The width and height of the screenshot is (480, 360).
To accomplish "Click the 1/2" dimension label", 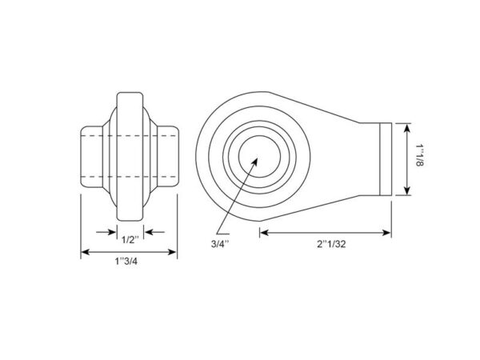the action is (x=130, y=240).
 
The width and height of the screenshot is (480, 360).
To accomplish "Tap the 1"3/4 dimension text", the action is (x=126, y=262).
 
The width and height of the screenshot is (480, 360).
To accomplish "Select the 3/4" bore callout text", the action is (x=220, y=244).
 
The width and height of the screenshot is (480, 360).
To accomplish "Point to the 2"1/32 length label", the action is (x=331, y=244).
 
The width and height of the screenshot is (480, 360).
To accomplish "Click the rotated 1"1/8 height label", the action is (x=420, y=155).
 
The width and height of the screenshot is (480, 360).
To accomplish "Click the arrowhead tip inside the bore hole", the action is (x=257, y=158).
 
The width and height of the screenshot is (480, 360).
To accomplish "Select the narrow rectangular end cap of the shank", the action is (x=386, y=159).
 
